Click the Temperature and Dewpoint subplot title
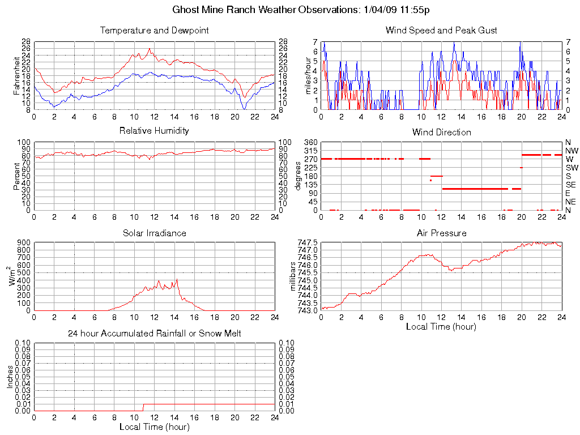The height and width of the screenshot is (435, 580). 154,30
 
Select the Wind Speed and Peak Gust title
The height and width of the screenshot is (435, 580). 441,30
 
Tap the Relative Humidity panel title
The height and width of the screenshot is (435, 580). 154,131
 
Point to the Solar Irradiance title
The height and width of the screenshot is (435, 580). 154,233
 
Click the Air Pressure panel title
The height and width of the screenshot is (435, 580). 441,233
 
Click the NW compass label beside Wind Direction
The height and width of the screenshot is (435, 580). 571,151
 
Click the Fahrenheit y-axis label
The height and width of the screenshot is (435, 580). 17,75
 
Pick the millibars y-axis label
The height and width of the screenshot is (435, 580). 293,276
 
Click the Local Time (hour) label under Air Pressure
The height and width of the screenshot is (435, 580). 441,326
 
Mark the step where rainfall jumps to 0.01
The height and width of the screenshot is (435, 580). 143,407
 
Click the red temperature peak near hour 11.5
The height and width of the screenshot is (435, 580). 150,49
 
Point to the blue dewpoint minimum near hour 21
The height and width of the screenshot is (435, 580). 245,108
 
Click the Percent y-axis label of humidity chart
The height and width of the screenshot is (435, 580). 17,176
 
